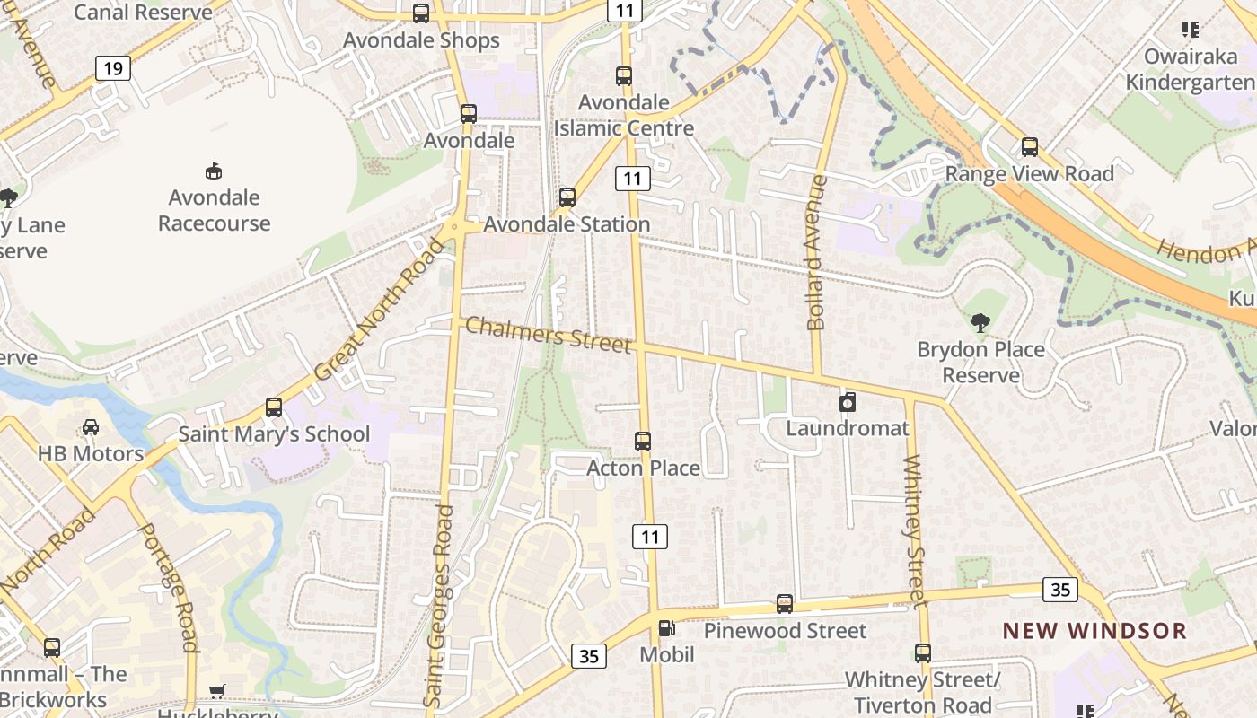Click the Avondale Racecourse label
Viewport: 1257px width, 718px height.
point(214,210)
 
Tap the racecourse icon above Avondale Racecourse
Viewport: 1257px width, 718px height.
point(214,171)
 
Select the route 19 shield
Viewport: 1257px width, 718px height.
point(112,68)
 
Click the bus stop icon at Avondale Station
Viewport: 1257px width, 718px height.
point(567,197)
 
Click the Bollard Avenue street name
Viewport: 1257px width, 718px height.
point(816,253)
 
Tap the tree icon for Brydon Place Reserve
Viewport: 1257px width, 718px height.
point(980,322)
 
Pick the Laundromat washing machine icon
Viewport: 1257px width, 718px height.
point(848,402)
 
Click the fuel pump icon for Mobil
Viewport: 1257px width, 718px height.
point(666,629)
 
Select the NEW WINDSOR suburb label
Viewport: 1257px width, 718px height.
point(1094,631)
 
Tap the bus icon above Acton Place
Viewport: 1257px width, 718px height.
point(643,441)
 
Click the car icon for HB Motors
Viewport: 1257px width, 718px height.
point(91,427)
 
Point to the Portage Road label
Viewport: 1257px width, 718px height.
point(166,586)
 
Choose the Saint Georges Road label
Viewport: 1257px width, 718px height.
point(440,606)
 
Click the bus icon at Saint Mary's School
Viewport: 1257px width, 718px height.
point(274,407)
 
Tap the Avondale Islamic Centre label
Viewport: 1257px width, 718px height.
point(624,115)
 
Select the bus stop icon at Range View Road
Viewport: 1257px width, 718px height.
point(1030,146)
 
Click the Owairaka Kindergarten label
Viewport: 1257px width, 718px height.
point(1191,70)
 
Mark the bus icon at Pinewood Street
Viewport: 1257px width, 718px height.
point(785,604)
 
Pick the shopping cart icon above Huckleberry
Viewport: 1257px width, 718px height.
point(216,690)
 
